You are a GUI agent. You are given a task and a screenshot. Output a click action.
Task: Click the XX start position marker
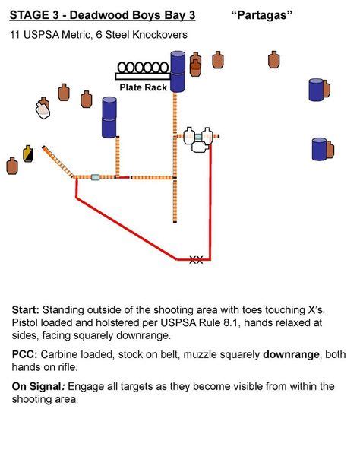click(x=196, y=260)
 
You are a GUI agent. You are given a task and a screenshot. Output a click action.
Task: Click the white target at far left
click(x=44, y=109)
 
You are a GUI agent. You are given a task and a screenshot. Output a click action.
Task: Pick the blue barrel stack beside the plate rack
click(x=178, y=71)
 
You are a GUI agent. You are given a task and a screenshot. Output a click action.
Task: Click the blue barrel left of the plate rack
click(x=110, y=117)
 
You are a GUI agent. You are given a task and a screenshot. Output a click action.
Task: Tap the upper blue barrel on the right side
click(x=317, y=89)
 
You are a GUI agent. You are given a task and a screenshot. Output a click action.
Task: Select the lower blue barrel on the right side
click(x=320, y=149)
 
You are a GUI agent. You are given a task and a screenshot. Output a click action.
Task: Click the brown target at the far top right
click(x=273, y=60)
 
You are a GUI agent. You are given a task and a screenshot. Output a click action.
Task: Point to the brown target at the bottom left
click(x=12, y=165)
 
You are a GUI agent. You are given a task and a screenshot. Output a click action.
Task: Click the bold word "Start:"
click(x=25, y=310)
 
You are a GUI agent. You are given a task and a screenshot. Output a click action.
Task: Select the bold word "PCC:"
click(x=24, y=354)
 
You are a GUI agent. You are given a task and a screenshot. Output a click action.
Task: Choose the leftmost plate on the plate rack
click(x=123, y=68)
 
